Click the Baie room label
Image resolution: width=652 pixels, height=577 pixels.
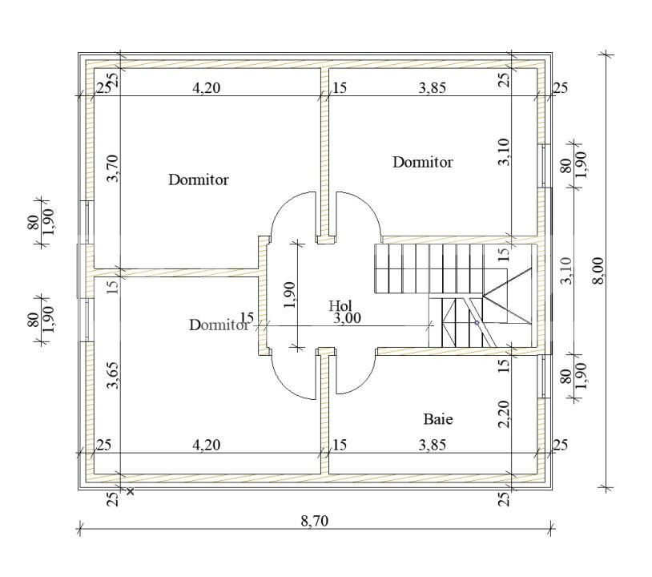tap(438, 419)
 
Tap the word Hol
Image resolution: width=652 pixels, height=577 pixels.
tap(340, 306)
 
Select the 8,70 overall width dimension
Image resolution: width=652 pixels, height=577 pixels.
tap(315, 521)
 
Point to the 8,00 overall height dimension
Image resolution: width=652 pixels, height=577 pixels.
tap(598, 271)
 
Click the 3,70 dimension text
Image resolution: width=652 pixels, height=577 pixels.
tap(113, 168)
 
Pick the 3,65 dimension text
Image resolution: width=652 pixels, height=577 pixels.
tap(113, 375)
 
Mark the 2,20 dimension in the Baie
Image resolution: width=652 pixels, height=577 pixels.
tap(504, 414)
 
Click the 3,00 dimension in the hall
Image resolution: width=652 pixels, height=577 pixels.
tap(347, 319)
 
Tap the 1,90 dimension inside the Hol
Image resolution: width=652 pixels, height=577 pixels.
tap(289, 295)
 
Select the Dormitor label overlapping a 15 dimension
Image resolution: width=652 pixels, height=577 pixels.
tap(219, 325)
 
